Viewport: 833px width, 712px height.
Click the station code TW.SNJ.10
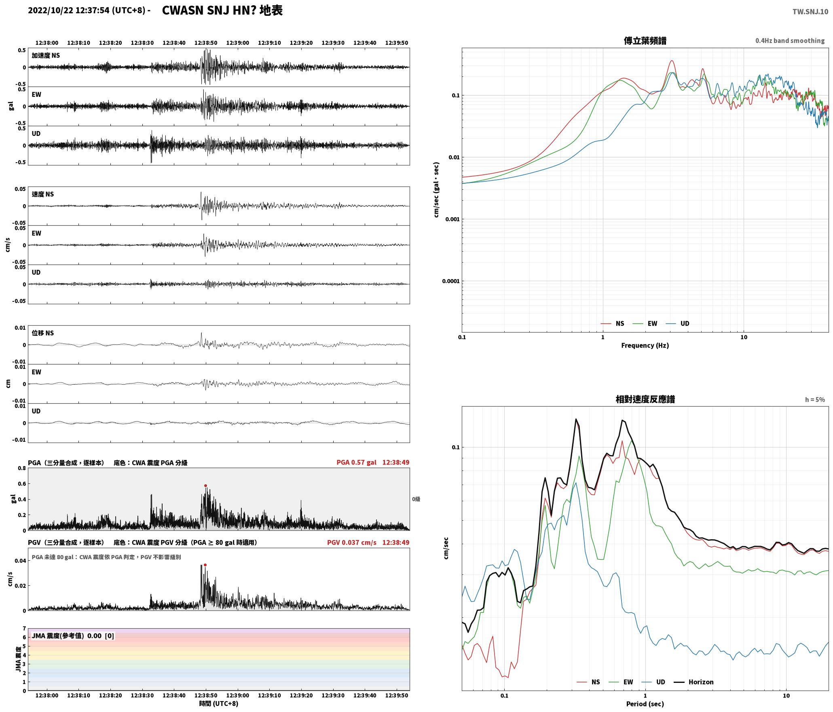(x=810, y=12)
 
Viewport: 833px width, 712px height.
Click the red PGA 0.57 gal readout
(x=356, y=462)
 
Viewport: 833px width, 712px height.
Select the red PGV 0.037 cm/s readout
(x=351, y=542)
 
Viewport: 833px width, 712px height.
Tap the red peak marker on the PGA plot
(x=205, y=485)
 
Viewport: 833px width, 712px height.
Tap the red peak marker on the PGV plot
(x=205, y=565)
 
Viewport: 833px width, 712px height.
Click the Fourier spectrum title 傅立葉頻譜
(x=645, y=41)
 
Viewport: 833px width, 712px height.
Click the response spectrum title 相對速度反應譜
(x=645, y=399)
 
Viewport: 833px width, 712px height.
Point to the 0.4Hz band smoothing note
(x=790, y=41)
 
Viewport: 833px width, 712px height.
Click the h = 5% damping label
(x=815, y=400)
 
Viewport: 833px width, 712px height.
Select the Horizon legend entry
(x=694, y=682)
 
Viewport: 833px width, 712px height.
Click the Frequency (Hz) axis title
(x=645, y=345)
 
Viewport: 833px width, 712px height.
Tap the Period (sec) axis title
(x=645, y=704)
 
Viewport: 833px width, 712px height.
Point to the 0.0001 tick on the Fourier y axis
(x=450, y=281)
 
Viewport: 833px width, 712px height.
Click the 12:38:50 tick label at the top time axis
(x=206, y=42)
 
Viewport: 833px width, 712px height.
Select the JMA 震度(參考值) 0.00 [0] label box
(x=73, y=636)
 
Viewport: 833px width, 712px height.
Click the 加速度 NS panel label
(x=46, y=55)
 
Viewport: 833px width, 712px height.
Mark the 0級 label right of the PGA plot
(x=416, y=499)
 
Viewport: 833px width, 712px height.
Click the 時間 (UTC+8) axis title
(x=218, y=704)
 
